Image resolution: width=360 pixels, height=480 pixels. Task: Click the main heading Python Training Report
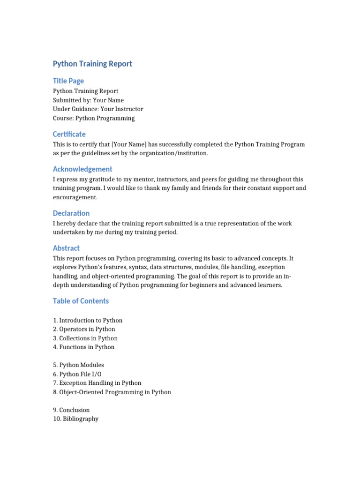coord(92,64)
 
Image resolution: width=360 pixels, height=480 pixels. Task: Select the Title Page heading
coord(68,81)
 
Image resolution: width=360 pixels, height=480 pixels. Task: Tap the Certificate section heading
coord(69,134)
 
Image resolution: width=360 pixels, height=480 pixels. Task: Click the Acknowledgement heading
coord(82,169)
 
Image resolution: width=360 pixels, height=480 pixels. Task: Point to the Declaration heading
coord(71,213)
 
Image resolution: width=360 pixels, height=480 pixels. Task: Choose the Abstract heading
coord(66,248)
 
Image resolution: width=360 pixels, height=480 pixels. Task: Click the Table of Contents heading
coord(81,301)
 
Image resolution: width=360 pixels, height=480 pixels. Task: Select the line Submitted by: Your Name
coord(88,100)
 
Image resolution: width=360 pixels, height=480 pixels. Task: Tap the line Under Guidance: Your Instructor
coord(98,109)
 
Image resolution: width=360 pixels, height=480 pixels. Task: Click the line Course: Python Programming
coord(94,118)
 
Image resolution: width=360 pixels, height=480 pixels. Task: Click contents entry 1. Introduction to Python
coord(88,321)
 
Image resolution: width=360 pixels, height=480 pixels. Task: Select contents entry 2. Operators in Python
coord(84,330)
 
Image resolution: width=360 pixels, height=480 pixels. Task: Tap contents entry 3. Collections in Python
coord(85,338)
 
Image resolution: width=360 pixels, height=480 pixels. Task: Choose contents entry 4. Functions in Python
coord(84,347)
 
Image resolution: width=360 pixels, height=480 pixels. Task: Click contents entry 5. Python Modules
coord(78,365)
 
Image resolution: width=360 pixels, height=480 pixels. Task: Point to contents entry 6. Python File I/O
coord(77,374)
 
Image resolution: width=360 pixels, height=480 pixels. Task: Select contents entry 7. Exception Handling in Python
coord(97,383)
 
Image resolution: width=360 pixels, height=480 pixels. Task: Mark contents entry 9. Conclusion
coord(71,410)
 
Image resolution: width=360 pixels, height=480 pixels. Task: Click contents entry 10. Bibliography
coord(75,419)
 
